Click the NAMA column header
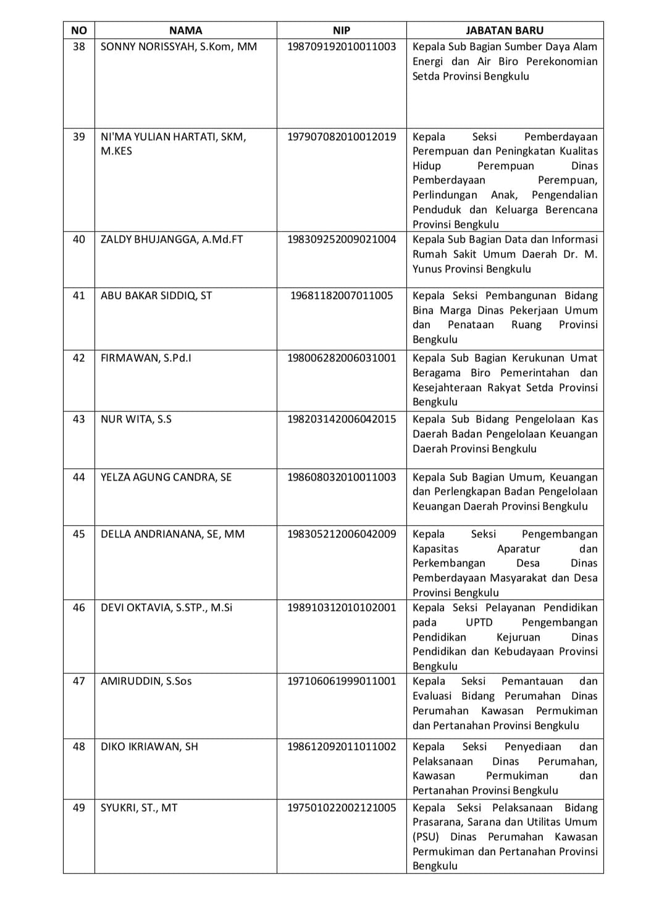click(x=185, y=30)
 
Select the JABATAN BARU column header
click(x=505, y=30)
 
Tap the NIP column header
click(x=342, y=30)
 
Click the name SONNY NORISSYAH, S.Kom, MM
click(x=178, y=46)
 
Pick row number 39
click(x=79, y=137)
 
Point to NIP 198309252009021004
click(x=342, y=239)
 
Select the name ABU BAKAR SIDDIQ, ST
click(x=156, y=295)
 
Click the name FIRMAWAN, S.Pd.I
click(x=146, y=358)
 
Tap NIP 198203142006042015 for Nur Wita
click(x=342, y=419)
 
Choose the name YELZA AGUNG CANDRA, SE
click(x=166, y=477)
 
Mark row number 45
click(x=79, y=534)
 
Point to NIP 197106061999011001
click(x=342, y=681)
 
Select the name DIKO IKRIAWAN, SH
click(x=149, y=746)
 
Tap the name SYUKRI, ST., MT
click(x=139, y=808)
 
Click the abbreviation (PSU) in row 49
click(x=426, y=837)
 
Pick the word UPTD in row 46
click(x=479, y=622)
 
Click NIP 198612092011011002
click(x=342, y=746)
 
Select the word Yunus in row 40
click(x=429, y=269)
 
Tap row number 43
click(x=79, y=419)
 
